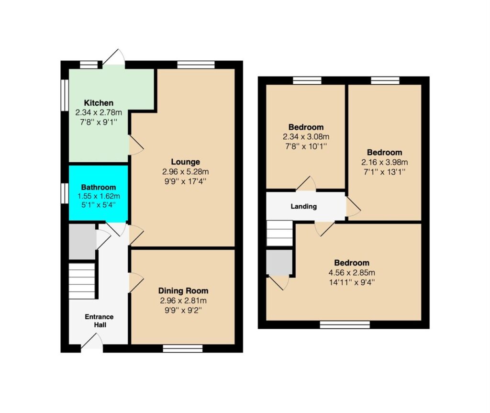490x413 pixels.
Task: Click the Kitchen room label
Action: pyautogui.click(x=99, y=103)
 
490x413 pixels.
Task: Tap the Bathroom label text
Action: pyautogui.click(x=99, y=187)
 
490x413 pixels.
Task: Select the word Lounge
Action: pyautogui.click(x=185, y=162)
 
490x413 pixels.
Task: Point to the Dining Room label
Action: pyautogui.click(x=183, y=291)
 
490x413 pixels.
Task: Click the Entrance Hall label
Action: pyautogui.click(x=100, y=321)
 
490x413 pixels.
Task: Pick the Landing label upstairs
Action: pyautogui.click(x=304, y=206)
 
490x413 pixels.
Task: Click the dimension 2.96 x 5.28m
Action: pyautogui.click(x=185, y=172)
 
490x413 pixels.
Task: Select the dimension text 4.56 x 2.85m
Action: pyautogui.click(x=352, y=273)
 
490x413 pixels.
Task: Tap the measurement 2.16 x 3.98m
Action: pyautogui.click(x=384, y=162)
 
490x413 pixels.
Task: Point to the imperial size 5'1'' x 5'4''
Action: pyautogui.click(x=99, y=205)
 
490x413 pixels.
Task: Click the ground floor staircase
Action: pyautogui.click(x=82, y=281)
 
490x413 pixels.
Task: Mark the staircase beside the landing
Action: pyautogui.click(x=279, y=233)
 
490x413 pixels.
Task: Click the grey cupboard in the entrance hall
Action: pyautogui.click(x=82, y=241)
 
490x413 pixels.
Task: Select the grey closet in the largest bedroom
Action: pyautogui.click(x=279, y=262)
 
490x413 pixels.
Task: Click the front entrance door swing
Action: pyautogui.click(x=92, y=342)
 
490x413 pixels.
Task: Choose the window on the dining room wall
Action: pyautogui.click(x=183, y=348)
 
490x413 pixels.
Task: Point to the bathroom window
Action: pyautogui.click(x=65, y=193)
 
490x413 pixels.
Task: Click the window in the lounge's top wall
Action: pyautogui.click(x=196, y=65)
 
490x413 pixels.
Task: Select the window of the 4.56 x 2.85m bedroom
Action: pyautogui.click(x=345, y=324)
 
